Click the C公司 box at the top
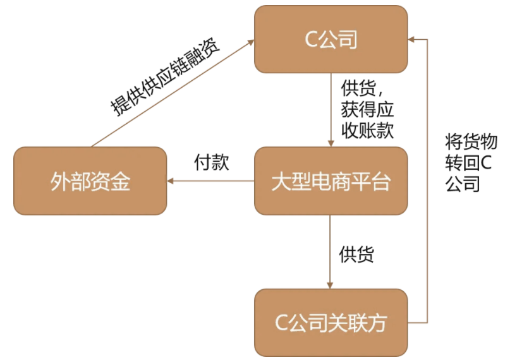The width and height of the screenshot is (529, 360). pyautogui.click(x=331, y=39)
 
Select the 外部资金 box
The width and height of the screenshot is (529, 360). pyautogui.click(x=90, y=181)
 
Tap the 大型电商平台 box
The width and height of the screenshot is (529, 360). pyautogui.click(x=331, y=181)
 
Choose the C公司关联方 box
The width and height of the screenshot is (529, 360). pyautogui.click(x=331, y=323)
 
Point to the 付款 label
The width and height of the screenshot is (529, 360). pyautogui.click(x=211, y=162)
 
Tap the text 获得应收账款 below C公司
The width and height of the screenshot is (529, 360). pyautogui.click(x=367, y=119)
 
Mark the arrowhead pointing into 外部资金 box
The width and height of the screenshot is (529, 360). pyautogui.click(x=171, y=181)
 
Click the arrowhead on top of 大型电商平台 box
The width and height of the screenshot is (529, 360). pyautogui.click(x=331, y=143)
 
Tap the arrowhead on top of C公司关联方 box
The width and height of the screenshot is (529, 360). pyautogui.click(x=331, y=285)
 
